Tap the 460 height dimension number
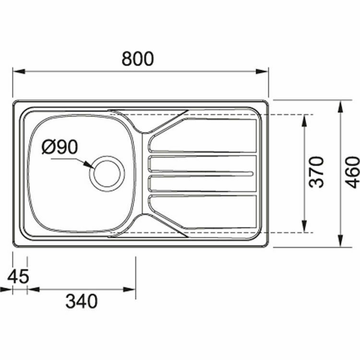[x=353, y=172]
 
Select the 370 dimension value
[x=317, y=172]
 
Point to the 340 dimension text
[x=82, y=301]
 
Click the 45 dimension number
[x=18, y=277]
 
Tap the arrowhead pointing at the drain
[x=89, y=165]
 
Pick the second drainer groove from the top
[x=202, y=164]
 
